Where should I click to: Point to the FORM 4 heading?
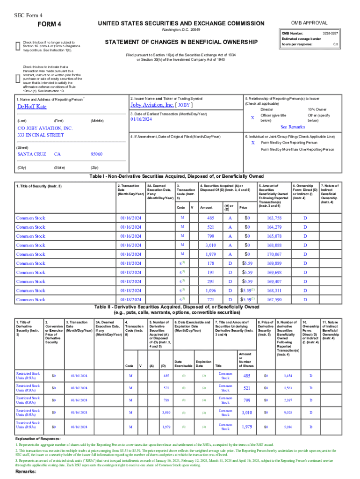[49, 24]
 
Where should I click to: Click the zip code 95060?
[96, 154]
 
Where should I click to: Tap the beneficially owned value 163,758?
[274, 218]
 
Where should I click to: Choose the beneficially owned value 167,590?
[274, 299]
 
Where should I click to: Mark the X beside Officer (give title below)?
[252, 118]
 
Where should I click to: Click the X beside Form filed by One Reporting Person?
[252, 142]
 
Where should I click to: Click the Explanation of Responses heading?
[38, 439]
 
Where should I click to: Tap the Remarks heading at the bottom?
[26, 472]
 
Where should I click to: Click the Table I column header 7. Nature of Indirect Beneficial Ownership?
[330, 194]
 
